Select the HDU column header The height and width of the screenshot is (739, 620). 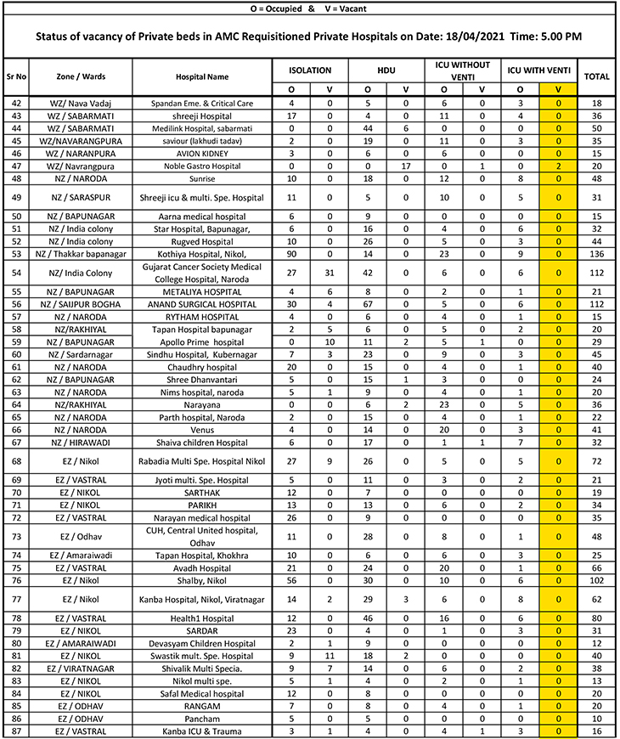coord(386,71)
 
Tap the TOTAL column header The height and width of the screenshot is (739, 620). coord(597,76)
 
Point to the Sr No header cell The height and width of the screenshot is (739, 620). coord(16,76)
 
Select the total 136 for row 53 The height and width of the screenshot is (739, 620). coord(597,253)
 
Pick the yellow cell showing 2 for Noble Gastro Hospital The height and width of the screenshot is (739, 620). coord(558,167)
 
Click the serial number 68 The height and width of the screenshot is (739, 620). coord(16,461)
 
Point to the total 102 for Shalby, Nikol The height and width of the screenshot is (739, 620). coord(597,581)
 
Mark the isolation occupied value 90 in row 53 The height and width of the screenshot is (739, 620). coord(291,253)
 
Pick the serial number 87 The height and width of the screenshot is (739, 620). coord(16,731)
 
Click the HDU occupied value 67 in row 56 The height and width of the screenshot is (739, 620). coord(368,303)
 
